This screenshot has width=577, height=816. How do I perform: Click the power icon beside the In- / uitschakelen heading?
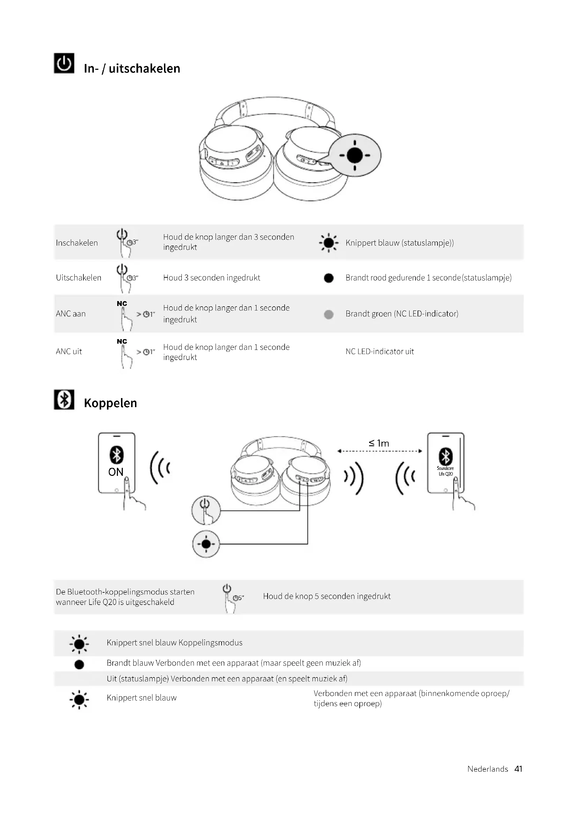click(64, 63)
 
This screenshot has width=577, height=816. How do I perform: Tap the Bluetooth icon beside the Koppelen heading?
click(64, 399)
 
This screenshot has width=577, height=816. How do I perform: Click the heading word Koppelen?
click(110, 403)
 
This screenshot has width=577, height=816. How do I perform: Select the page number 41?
click(518, 769)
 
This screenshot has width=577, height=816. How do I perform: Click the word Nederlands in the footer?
click(487, 769)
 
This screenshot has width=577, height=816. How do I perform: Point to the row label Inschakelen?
click(77, 243)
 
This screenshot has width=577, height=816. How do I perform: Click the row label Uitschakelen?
click(78, 278)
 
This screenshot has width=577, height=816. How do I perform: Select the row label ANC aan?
click(71, 314)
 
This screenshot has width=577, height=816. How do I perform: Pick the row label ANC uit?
click(69, 352)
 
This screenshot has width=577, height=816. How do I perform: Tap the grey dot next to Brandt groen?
click(329, 314)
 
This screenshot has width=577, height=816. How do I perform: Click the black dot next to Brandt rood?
click(329, 278)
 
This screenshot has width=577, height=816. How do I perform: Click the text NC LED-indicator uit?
click(380, 352)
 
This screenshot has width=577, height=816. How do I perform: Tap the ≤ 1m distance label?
click(379, 443)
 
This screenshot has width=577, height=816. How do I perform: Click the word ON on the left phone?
click(116, 472)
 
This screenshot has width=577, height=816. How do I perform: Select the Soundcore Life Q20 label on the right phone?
click(445, 471)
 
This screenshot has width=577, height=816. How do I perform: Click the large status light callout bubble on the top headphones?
click(354, 155)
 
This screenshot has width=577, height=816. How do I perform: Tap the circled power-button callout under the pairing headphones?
click(206, 510)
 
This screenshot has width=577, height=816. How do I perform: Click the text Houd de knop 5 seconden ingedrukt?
click(327, 596)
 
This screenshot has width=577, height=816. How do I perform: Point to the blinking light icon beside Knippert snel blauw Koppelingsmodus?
click(79, 644)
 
